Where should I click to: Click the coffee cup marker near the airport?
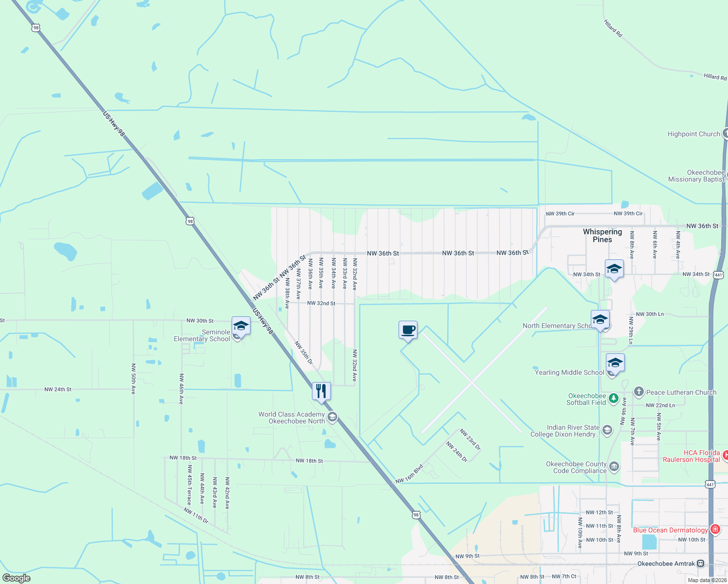coord(408,330)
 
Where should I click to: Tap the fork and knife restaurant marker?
coord(321,391)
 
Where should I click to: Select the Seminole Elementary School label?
coord(202,335)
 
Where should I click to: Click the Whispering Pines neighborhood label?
coord(602,236)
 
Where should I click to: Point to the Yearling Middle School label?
coord(569,372)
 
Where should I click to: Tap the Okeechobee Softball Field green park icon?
coord(613,399)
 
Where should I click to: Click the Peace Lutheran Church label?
coord(681,392)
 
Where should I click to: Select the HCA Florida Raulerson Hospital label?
coord(691,456)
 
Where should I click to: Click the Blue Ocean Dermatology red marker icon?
coord(715,529)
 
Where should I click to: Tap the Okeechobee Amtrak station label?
coord(666,564)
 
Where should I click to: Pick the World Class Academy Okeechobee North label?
coord(291,418)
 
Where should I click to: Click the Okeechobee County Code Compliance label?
coord(576,467)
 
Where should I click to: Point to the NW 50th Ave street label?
coord(133,378)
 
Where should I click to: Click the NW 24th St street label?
coord(58,389)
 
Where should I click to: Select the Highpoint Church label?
coord(693,134)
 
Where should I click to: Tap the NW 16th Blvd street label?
coord(409,474)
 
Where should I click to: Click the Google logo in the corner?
coord(17,578)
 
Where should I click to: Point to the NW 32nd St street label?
coord(321,303)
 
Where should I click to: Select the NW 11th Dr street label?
coord(196,515)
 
